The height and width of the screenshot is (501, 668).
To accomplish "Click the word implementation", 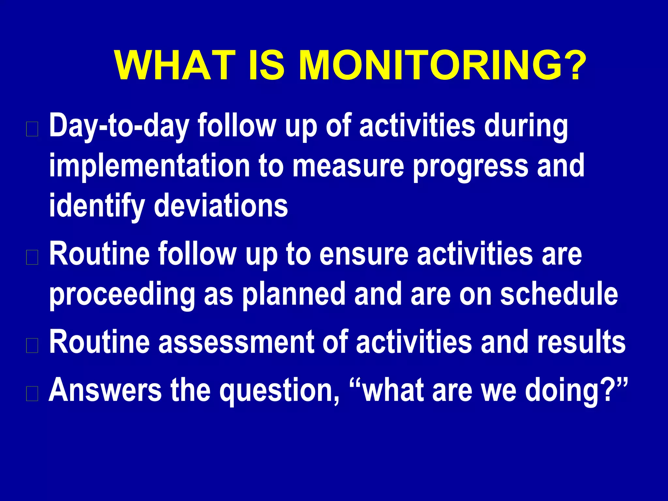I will click(150, 166).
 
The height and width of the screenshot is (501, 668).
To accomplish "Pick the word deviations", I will click(221, 206).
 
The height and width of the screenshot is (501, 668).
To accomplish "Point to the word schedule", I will click(559, 294).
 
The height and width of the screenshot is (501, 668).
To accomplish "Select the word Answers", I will click(105, 390).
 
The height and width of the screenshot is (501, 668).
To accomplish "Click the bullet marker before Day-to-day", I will click(32, 129).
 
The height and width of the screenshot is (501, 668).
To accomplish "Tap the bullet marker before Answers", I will click(32, 393).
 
